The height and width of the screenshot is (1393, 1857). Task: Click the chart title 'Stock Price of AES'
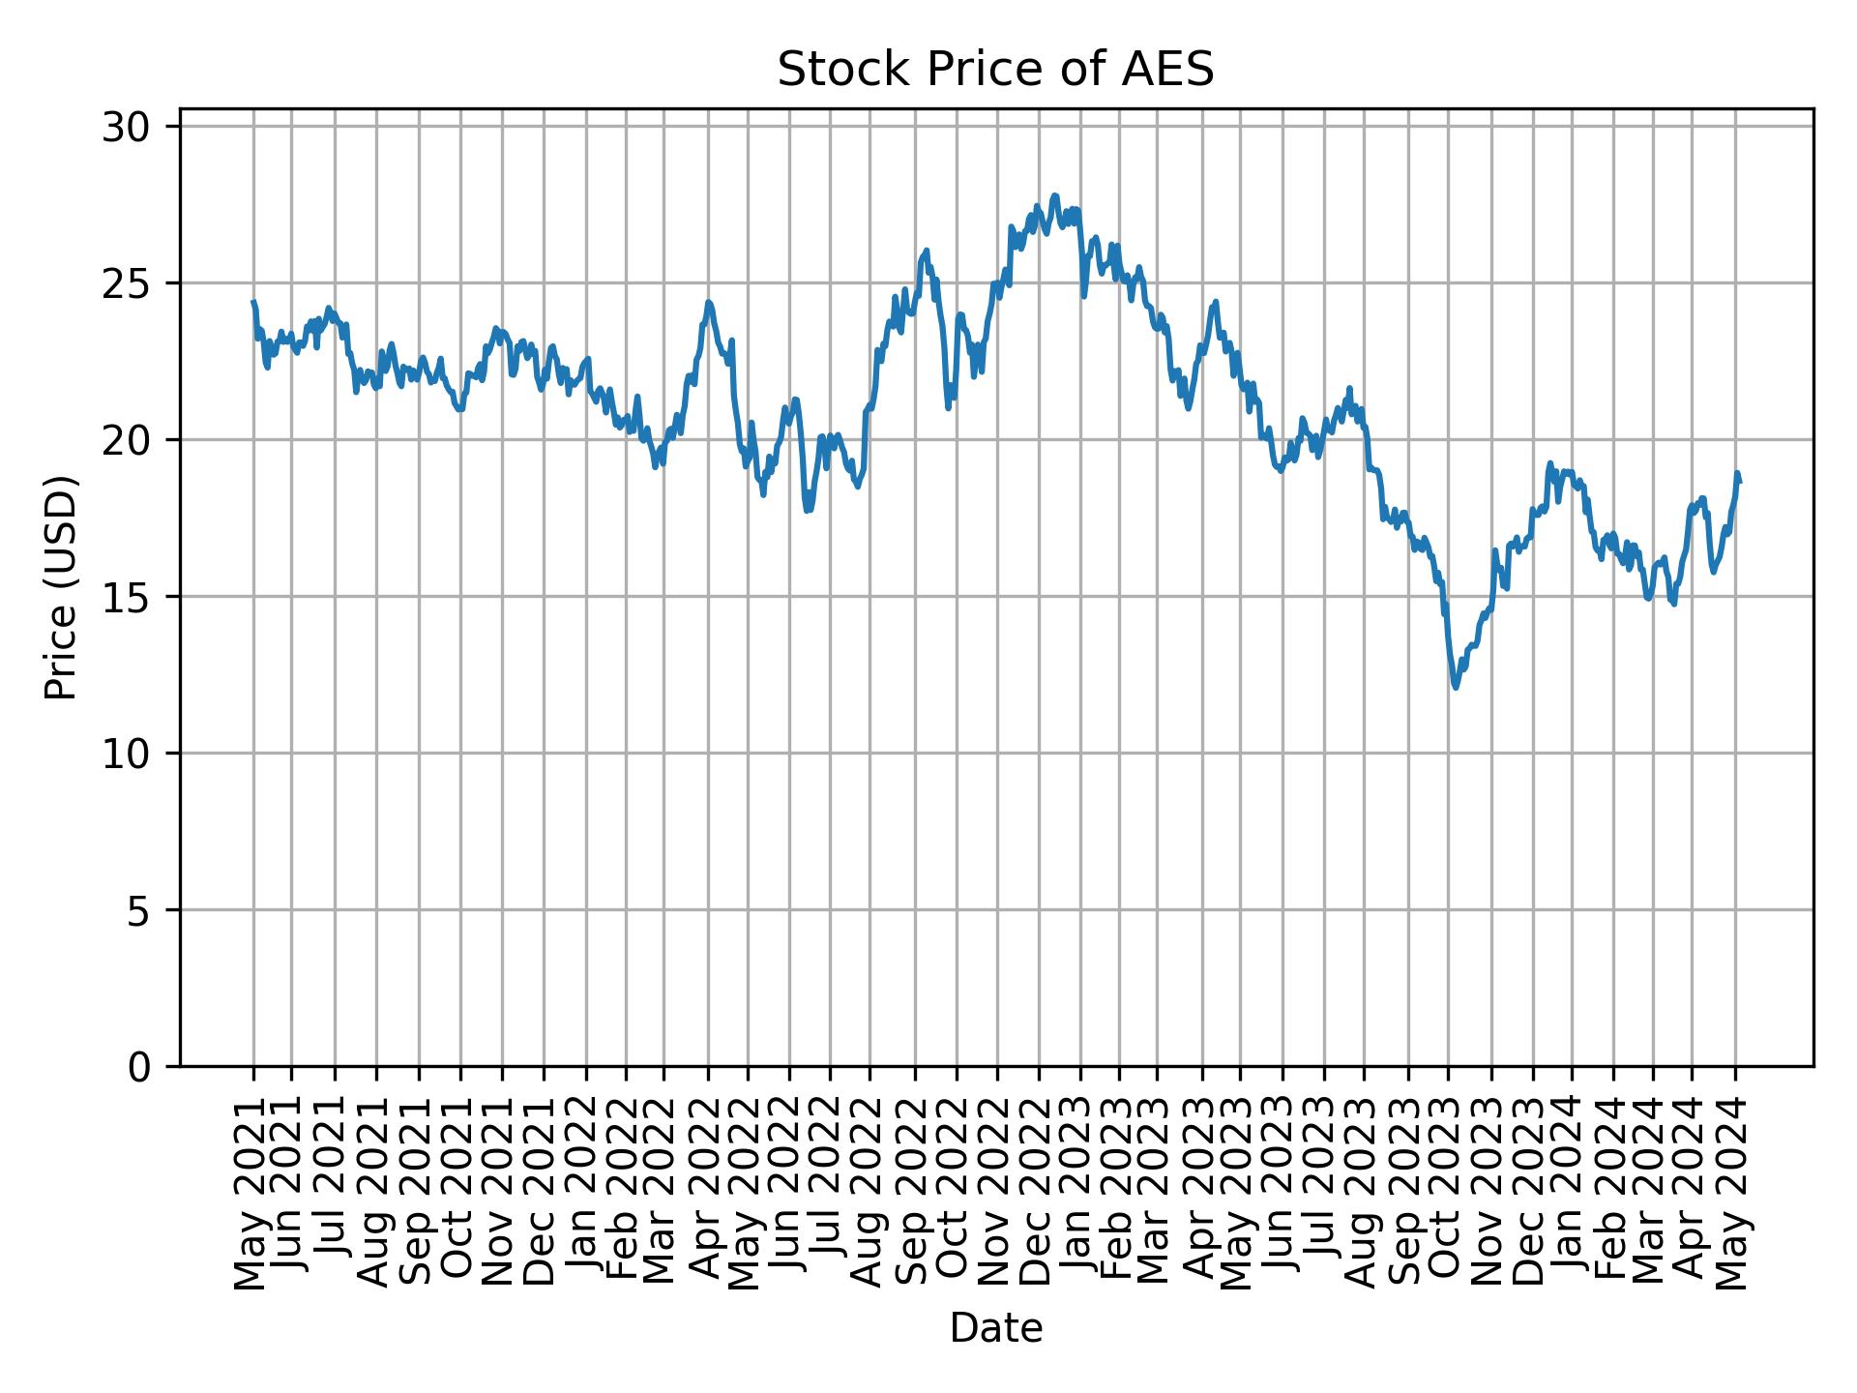(x=995, y=71)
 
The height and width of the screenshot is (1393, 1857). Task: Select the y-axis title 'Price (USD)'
(x=60, y=587)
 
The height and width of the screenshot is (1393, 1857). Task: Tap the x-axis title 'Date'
(x=995, y=1328)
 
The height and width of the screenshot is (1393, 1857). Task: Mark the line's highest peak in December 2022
(x=1054, y=195)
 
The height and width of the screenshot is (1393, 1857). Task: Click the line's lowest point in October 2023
(x=1456, y=688)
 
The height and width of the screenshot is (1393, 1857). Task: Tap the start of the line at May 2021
(x=253, y=302)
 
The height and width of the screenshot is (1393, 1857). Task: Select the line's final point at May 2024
(x=1740, y=482)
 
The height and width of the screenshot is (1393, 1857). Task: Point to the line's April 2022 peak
(x=709, y=302)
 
